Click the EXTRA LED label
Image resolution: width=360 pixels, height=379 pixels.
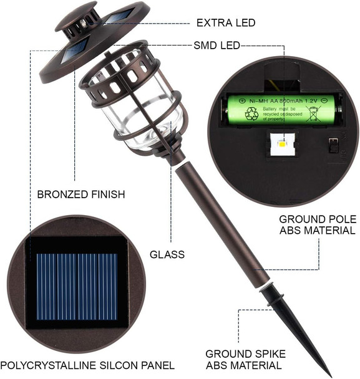pyautogui.click(x=225, y=23)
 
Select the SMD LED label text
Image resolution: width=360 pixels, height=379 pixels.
pyautogui.click(x=216, y=46)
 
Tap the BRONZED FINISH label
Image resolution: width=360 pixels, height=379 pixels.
pyautogui.click(x=80, y=194)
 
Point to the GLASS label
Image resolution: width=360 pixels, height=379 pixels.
pyautogui.click(x=167, y=254)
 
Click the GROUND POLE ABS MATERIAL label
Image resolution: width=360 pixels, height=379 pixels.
pyautogui.click(x=318, y=224)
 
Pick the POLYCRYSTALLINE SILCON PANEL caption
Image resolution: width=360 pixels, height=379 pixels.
pyautogui.click(x=87, y=365)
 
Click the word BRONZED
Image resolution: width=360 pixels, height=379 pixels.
pyautogui.click(x=59, y=194)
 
